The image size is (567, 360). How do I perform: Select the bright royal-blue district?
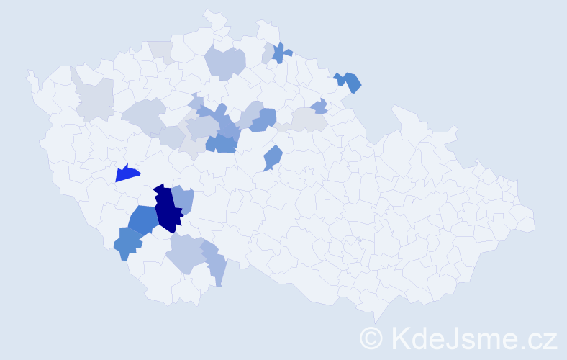click(127, 174)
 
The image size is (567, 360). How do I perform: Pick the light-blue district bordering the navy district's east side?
click(184, 199)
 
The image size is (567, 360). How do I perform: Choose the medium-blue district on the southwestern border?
click(127, 243)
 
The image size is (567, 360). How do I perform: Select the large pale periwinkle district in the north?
click(225, 62)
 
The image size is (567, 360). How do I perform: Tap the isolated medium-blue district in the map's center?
click(272, 156)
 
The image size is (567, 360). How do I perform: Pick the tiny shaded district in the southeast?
click(358, 239)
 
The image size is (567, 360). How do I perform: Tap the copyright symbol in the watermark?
click(371, 337)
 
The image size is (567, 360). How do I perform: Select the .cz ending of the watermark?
click(537, 337)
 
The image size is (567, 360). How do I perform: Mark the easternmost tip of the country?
click(535, 221)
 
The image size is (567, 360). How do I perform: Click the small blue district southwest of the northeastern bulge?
click(319, 107)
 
